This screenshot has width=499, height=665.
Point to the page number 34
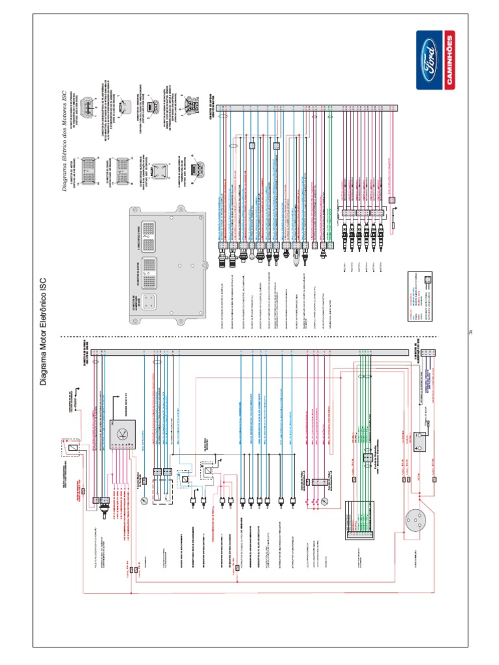(x=470, y=332)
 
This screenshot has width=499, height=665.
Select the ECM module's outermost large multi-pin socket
(x=146, y=232)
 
